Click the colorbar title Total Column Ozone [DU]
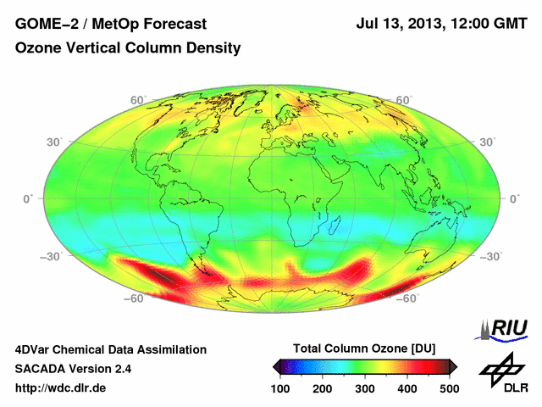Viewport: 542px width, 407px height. coord(364,348)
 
